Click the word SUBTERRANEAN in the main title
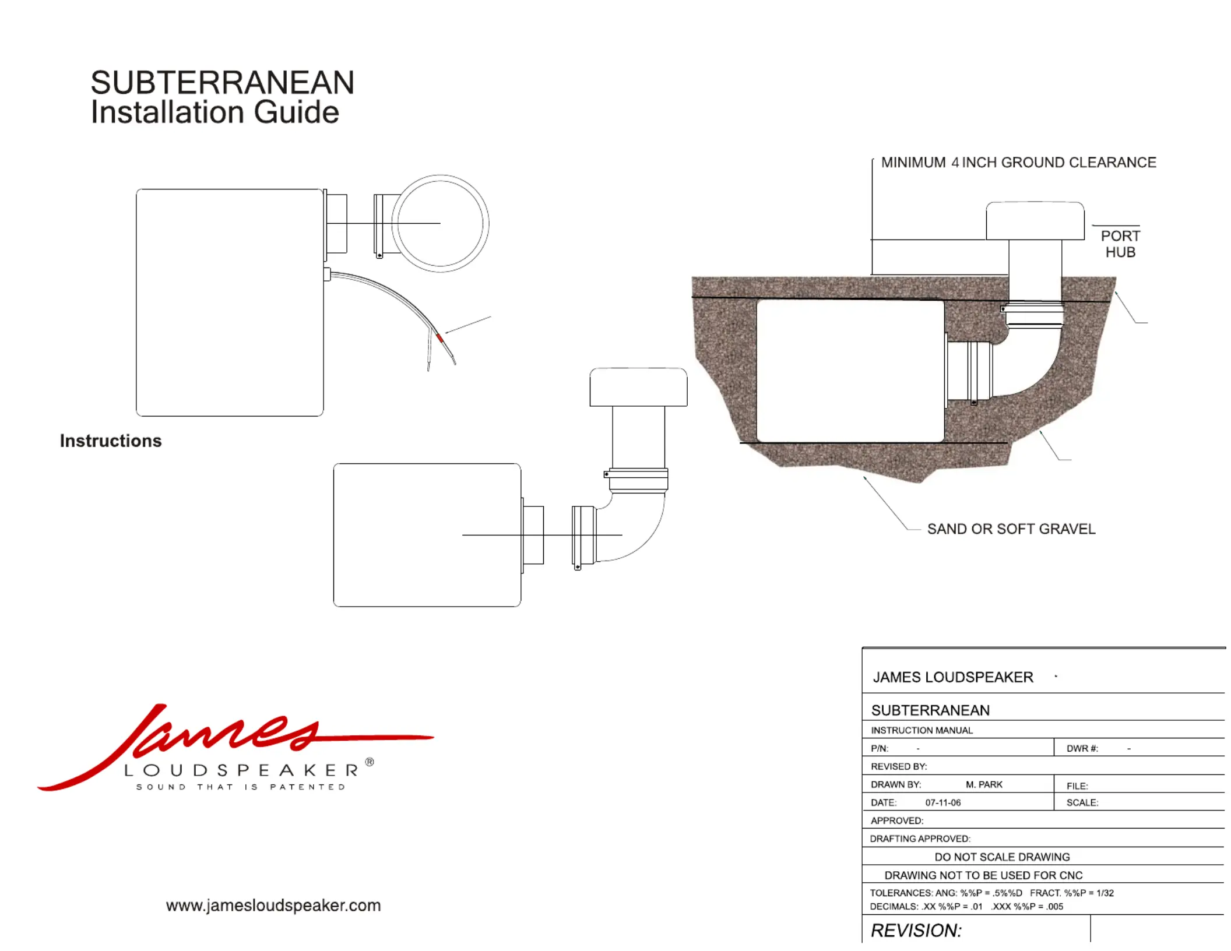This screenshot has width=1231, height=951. [222, 83]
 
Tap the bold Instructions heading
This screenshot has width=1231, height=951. [111, 441]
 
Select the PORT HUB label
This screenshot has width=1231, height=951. [1120, 244]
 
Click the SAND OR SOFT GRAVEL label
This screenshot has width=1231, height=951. [1011, 529]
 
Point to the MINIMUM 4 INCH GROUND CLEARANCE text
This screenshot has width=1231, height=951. [1018, 163]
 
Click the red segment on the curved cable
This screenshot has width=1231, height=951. [439, 337]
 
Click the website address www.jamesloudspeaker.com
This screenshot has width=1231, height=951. [273, 906]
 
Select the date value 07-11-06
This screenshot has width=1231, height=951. [943, 803]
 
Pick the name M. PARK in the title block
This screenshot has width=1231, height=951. [984, 785]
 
